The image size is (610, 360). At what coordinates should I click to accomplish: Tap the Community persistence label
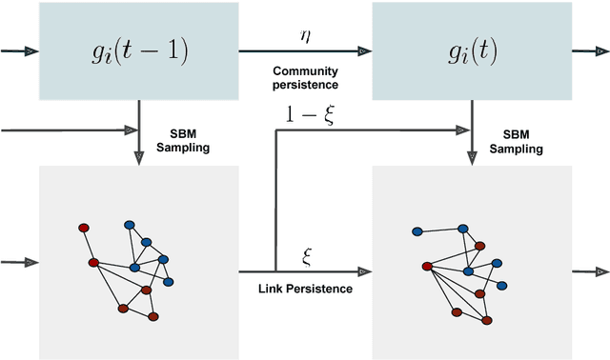304,79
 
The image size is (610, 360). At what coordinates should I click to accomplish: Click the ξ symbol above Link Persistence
307,255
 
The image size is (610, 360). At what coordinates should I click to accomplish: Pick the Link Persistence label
305,288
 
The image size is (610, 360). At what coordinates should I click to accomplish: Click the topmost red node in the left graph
84,228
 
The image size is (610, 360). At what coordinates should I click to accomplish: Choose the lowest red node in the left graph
153,315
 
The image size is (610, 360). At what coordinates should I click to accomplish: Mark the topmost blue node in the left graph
130,225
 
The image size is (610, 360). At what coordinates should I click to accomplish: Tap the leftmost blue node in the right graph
417,231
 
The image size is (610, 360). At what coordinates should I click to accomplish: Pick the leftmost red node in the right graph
426,266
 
